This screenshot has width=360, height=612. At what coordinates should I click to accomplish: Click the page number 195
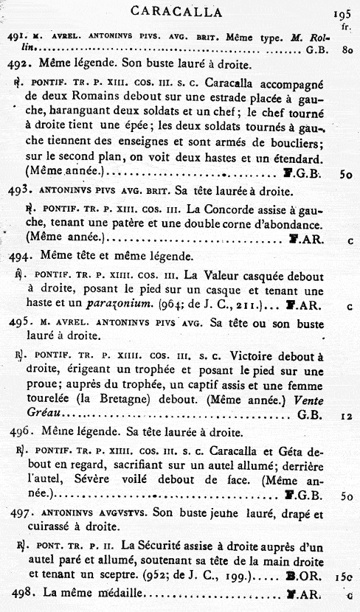tap(342, 13)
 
